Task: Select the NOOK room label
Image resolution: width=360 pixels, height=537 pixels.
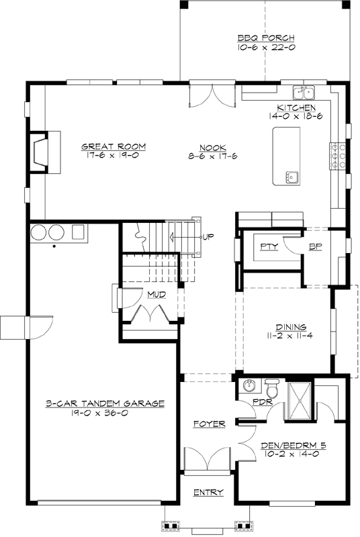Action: click(x=212, y=147)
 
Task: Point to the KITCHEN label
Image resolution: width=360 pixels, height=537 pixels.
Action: click(x=296, y=107)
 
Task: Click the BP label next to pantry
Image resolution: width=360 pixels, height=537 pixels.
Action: click(x=315, y=246)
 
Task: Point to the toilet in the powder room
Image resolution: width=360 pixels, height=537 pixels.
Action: click(x=272, y=389)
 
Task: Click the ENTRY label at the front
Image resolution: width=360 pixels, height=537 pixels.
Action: click(x=208, y=493)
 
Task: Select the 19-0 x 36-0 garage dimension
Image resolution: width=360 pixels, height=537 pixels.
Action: click(x=105, y=413)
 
